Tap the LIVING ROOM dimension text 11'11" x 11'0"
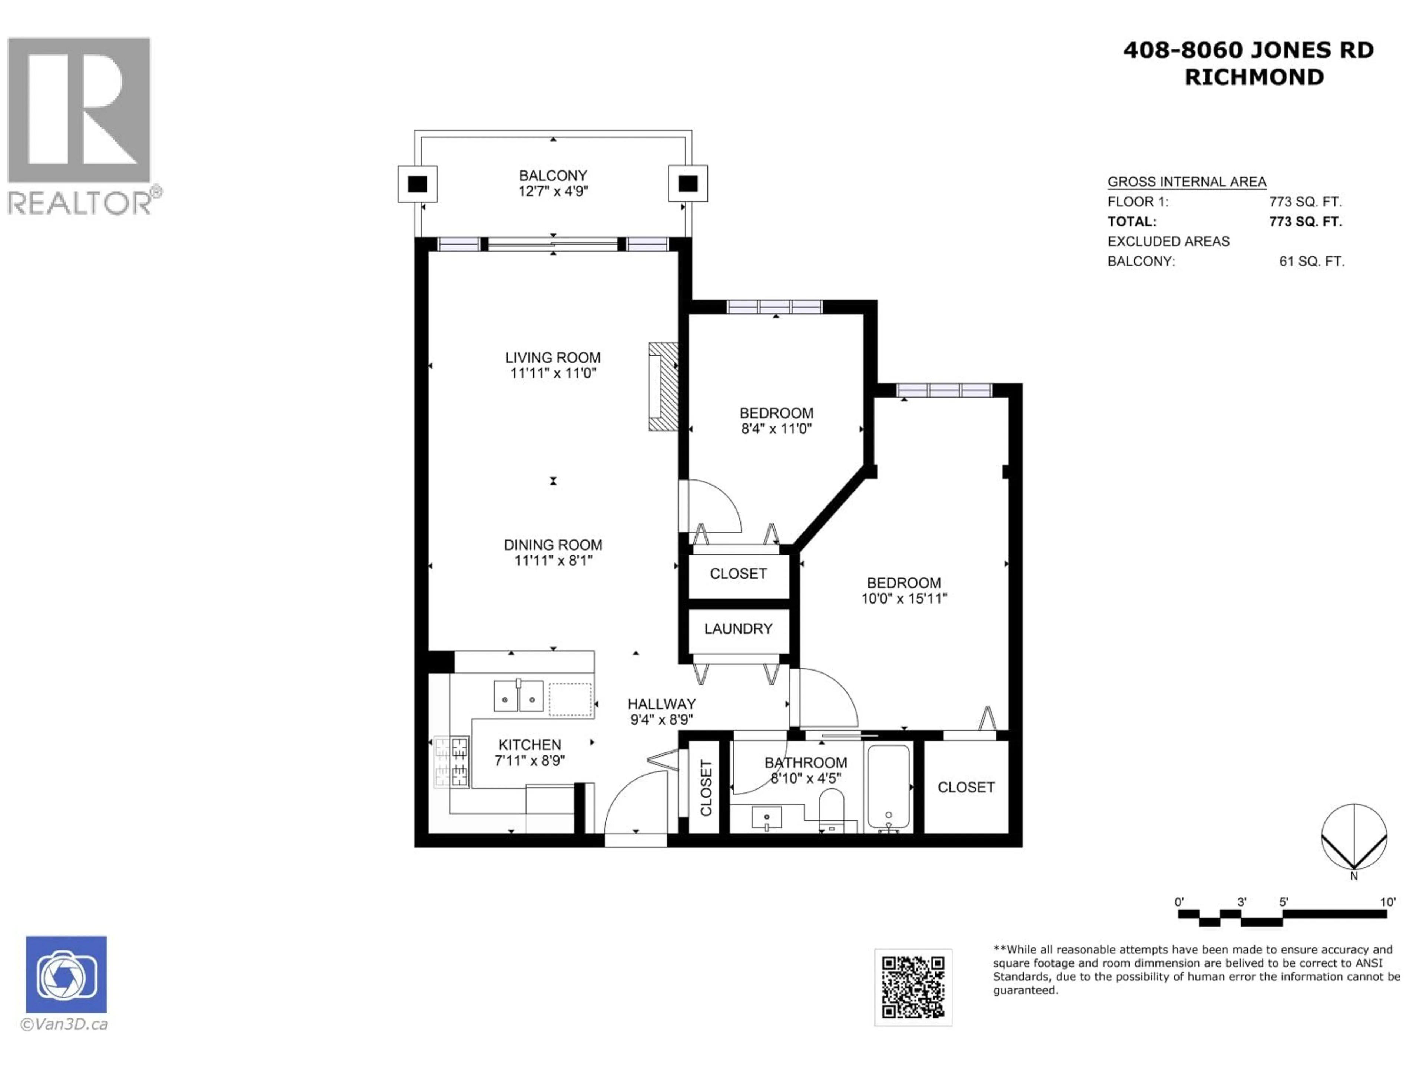coord(553,373)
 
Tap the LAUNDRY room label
coord(738,629)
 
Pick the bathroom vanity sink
coord(766,818)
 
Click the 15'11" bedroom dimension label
coord(904,599)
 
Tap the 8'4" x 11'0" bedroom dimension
coord(776,429)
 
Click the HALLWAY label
coord(661,704)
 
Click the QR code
coord(912,987)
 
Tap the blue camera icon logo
coord(66,974)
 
